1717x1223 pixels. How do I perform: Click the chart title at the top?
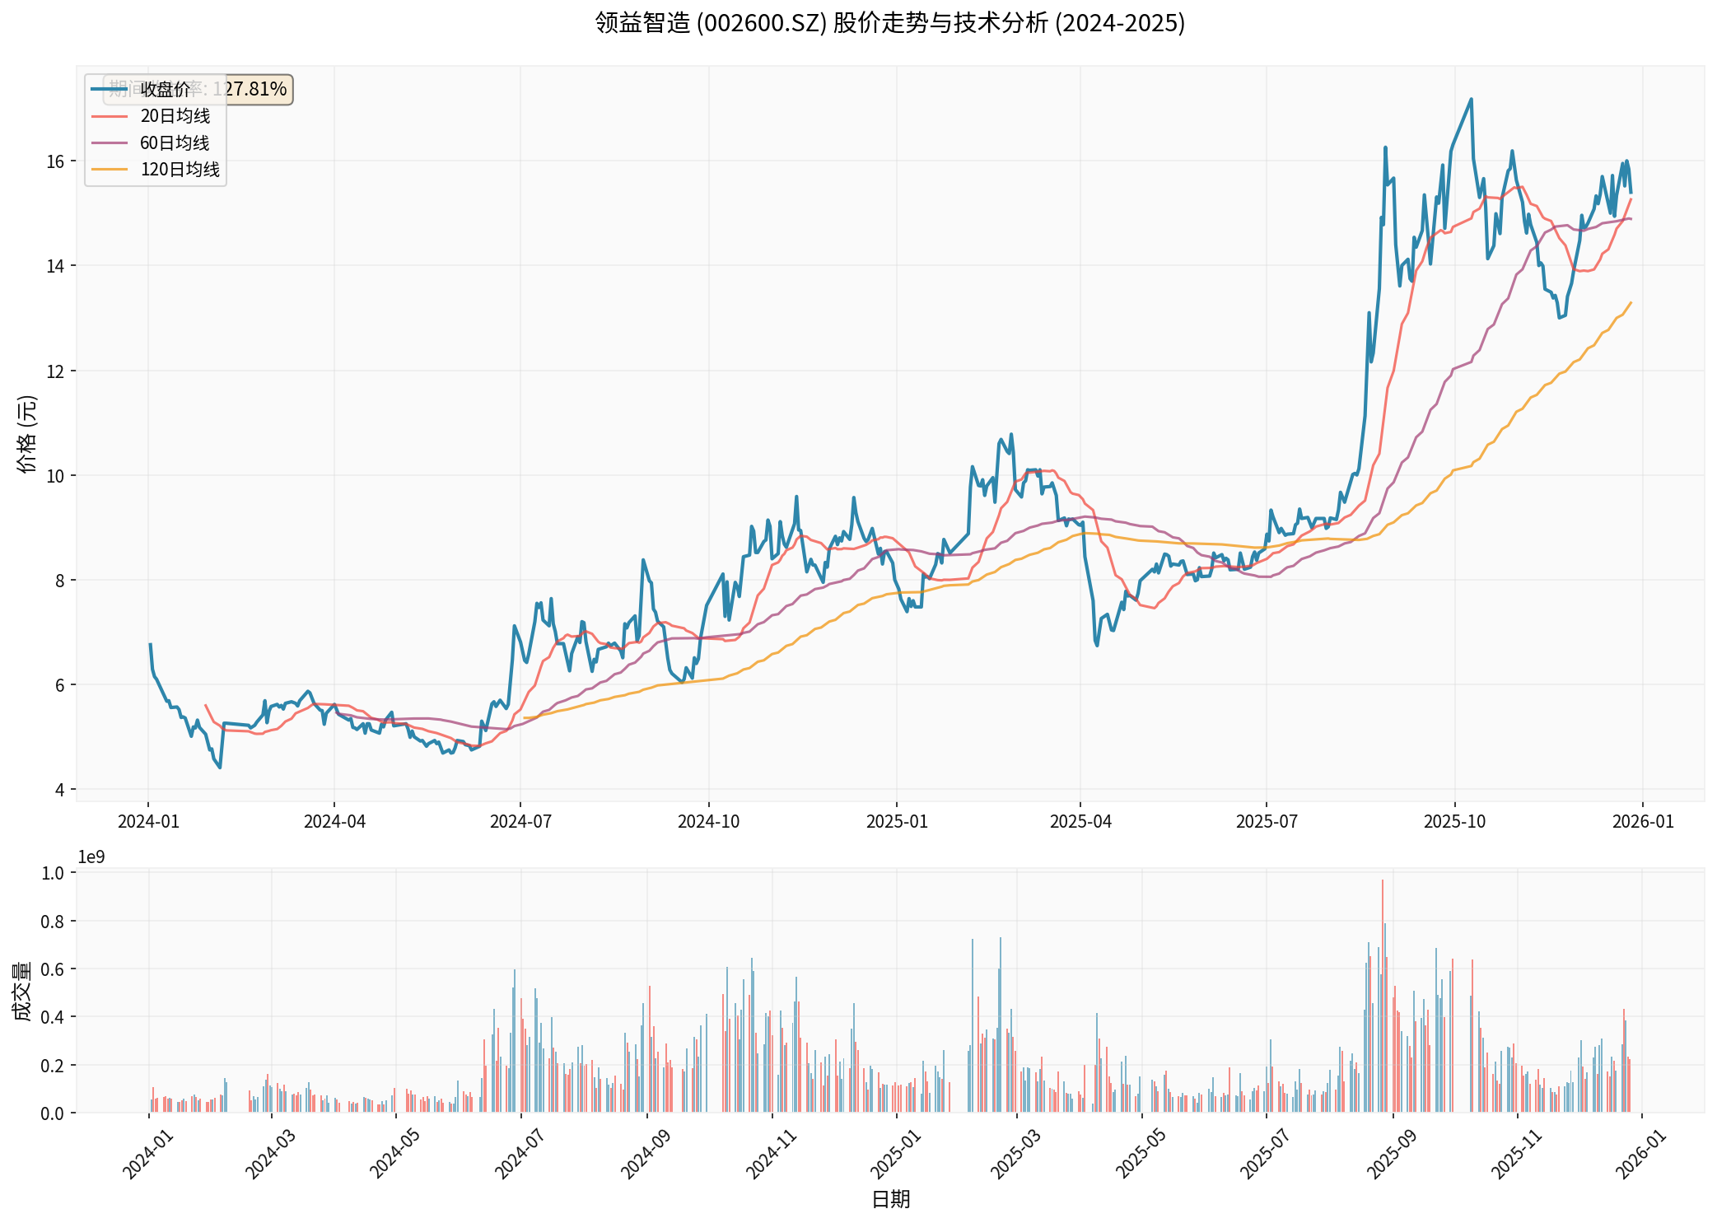(889, 23)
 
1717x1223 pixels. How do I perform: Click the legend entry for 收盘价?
(165, 89)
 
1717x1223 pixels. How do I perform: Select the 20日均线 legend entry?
(175, 116)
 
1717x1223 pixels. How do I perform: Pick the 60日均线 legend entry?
(175, 143)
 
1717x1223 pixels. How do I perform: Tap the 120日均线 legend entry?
(180, 170)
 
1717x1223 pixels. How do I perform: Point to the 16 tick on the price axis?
(55, 161)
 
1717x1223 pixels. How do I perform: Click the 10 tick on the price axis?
(55, 476)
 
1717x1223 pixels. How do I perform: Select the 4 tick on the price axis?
(59, 790)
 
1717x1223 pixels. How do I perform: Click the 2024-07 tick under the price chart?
(520, 821)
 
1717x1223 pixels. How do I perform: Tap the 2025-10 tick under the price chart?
(1454, 821)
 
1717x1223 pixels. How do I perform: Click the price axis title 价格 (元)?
(26, 434)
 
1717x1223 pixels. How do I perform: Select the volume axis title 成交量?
(22, 992)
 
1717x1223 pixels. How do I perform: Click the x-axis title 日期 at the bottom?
(890, 1199)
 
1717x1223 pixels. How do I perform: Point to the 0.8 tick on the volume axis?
(53, 922)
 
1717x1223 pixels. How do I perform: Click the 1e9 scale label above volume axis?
(91, 857)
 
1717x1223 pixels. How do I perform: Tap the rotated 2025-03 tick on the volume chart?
(1015, 1155)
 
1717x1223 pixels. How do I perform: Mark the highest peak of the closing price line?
(1471, 100)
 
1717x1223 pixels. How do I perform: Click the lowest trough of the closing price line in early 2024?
(220, 768)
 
